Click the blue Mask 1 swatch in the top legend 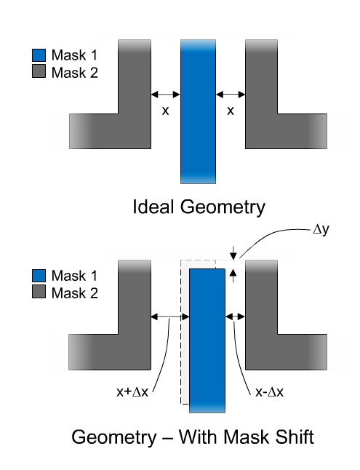click(x=39, y=55)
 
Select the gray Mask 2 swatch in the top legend click(x=39, y=71)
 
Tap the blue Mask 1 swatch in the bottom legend click(x=39, y=276)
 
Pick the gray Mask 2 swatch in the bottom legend click(x=39, y=291)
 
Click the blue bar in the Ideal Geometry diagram click(x=198, y=111)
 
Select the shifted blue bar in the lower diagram click(x=207, y=340)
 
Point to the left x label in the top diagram click(x=166, y=111)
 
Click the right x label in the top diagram click(x=231, y=111)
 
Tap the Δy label click(x=321, y=230)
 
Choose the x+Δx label click(x=132, y=391)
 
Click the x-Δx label click(x=269, y=391)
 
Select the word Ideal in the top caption click(x=153, y=207)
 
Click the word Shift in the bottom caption click(x=295, y=437)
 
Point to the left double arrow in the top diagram click(x=166, y=95)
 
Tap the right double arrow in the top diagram click(x=231, y=95)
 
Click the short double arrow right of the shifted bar click(x=236, y=316)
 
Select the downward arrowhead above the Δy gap click(x=233, y=255)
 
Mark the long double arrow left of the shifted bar click(x=170, y=316)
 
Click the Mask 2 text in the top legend click(x=75, y=73)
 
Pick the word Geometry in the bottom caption click(x=114, y=437)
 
